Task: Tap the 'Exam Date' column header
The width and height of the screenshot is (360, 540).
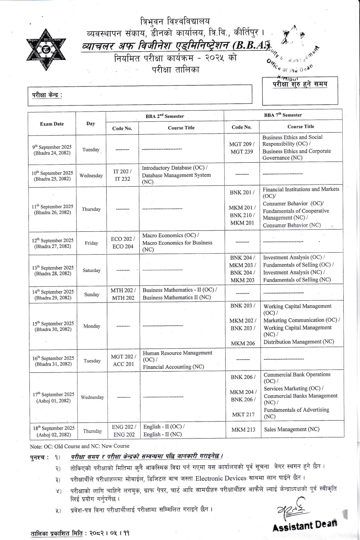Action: point(52,124)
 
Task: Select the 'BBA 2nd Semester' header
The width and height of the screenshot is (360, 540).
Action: point(165,116)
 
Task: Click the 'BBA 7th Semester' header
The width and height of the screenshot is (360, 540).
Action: point(283,115)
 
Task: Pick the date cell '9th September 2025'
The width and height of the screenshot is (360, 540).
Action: point(52,150)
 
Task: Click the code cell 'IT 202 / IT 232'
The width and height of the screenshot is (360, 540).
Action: point(122,175)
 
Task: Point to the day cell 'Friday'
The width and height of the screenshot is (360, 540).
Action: point(92,243)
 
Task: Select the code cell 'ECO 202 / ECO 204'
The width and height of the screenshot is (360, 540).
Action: point(123,243)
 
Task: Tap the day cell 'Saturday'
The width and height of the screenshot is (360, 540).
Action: point(92,270)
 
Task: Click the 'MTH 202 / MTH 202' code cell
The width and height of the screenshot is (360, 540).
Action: point(123,294)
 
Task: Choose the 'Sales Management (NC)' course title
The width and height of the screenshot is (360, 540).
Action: point(292,429)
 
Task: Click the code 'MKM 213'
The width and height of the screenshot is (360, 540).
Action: point(243,429)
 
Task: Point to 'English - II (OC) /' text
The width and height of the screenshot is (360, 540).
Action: point(164,427)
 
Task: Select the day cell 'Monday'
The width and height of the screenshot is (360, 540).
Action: point(92,326)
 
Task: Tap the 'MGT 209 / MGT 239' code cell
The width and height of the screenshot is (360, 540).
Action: point(242,148)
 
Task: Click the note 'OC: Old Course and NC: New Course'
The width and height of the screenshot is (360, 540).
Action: point(79,446)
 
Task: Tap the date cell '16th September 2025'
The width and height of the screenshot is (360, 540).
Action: point(53,361)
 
